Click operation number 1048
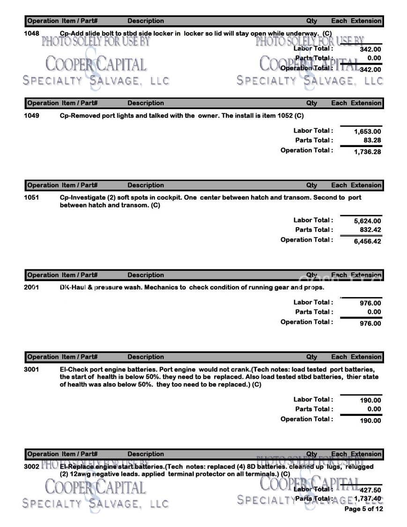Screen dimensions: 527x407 coord(31,33)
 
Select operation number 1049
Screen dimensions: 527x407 coord(31,116)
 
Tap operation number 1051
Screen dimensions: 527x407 coord(31,198)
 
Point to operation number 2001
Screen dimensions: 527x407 coord(31,287)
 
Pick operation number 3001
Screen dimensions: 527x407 coord(31,370)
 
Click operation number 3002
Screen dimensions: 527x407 coord(31,467)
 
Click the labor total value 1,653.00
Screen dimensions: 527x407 coord(367,132)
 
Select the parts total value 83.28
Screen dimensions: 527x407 coord(371,141)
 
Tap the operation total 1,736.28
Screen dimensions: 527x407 coord(367,151)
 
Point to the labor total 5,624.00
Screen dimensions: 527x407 coord(367,221)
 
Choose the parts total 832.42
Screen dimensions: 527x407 coord(370,230)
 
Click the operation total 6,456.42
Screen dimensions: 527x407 coord(367,241)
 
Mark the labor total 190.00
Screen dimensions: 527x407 coord(370,401)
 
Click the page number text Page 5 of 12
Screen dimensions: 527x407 coord(363,509)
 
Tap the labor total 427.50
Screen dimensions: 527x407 coord(370,490)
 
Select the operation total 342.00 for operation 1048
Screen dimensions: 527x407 coord(370,69)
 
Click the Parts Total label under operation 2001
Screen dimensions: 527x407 coord(314,312)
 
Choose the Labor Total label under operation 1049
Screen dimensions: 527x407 coord(313,131)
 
